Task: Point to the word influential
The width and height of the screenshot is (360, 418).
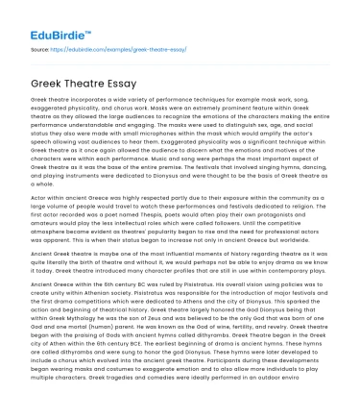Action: pyautogui.click(x=171, y=252)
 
